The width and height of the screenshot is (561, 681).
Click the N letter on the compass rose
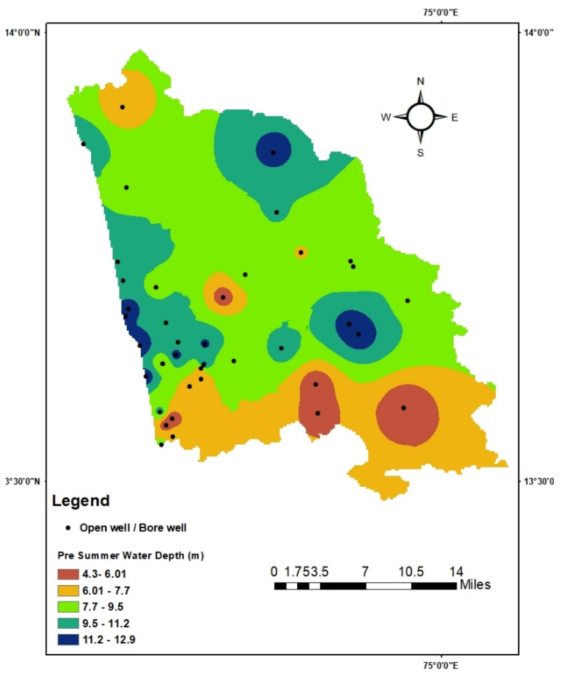420,81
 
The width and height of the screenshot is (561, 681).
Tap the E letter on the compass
454,118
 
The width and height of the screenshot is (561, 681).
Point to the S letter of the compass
420,153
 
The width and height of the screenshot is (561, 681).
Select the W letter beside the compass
386,117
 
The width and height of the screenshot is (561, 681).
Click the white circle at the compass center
421,116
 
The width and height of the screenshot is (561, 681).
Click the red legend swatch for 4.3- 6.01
68,574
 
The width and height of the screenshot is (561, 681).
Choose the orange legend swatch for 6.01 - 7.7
68,590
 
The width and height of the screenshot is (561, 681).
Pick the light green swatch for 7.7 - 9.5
68,607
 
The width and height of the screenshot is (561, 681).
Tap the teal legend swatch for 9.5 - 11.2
68,623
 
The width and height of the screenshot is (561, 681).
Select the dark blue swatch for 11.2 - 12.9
68,640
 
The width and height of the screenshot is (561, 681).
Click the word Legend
81,501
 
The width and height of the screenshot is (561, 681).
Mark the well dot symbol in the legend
68,528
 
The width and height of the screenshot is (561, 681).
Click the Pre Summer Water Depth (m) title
131,556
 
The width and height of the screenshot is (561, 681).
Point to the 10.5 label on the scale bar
411,572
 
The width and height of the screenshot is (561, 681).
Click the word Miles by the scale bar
475,585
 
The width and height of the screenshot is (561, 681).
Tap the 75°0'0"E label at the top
441,13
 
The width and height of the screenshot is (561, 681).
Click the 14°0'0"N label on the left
22,33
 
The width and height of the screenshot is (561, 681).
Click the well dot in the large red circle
404,408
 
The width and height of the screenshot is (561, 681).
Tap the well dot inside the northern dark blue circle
273,153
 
